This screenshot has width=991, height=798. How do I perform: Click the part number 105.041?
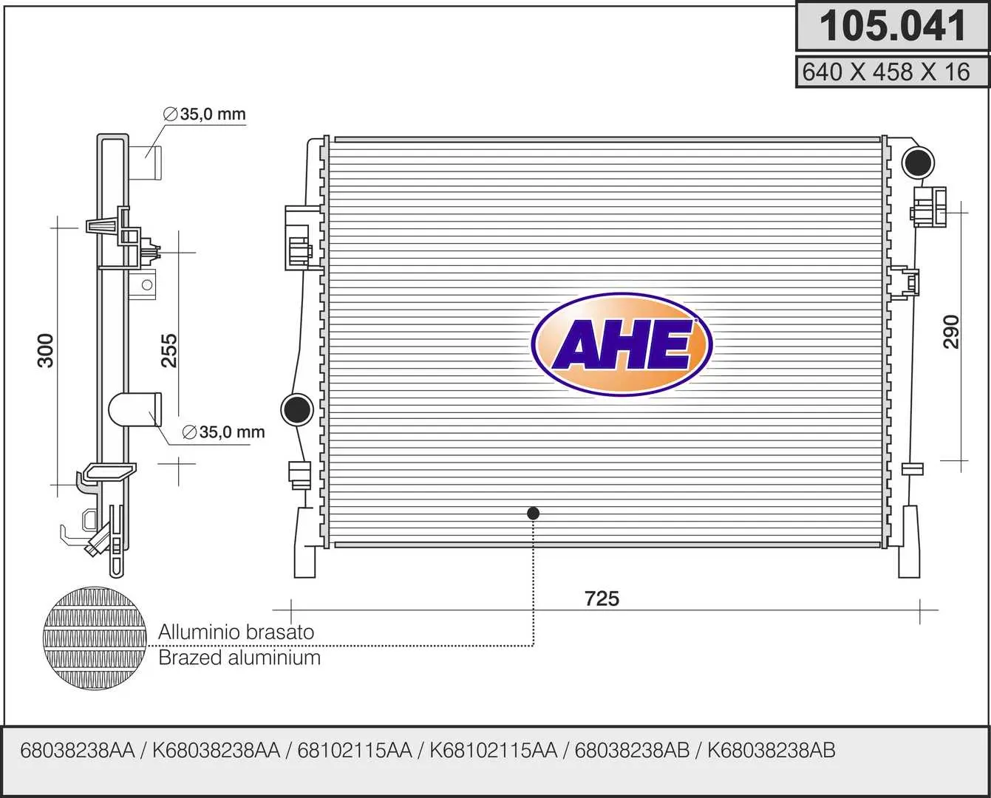pos(893,27)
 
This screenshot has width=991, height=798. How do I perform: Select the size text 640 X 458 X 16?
pos(886,72)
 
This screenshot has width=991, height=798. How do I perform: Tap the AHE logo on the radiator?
pos(621,344)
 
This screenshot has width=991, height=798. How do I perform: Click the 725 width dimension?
pos(602,598)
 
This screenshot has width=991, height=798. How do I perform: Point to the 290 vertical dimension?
pos(951,332)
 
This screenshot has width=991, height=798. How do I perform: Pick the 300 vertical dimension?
pos(45,350)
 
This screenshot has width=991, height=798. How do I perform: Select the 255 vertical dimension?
pos(169,350)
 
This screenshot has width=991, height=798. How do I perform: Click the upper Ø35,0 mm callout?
pos(205,114)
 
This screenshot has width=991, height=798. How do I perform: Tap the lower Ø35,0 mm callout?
pos(223,432)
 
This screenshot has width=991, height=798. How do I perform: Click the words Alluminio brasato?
pos(236,632)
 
